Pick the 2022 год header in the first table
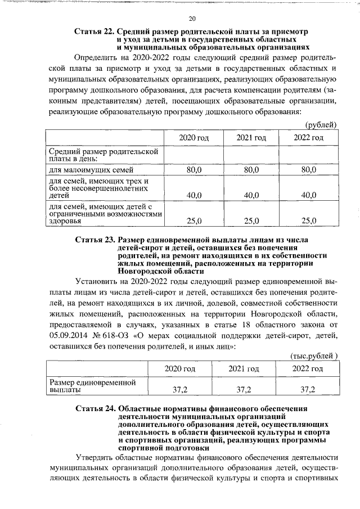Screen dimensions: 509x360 [309, 138]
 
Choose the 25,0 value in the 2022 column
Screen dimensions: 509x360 [309, 221]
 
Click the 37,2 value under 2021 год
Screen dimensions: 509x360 [244, 389]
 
